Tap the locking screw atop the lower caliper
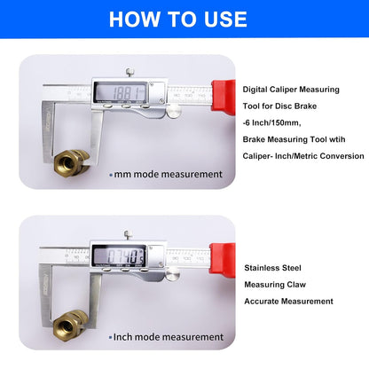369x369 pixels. [129, 235]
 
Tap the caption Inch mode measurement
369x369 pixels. [167, 337]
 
